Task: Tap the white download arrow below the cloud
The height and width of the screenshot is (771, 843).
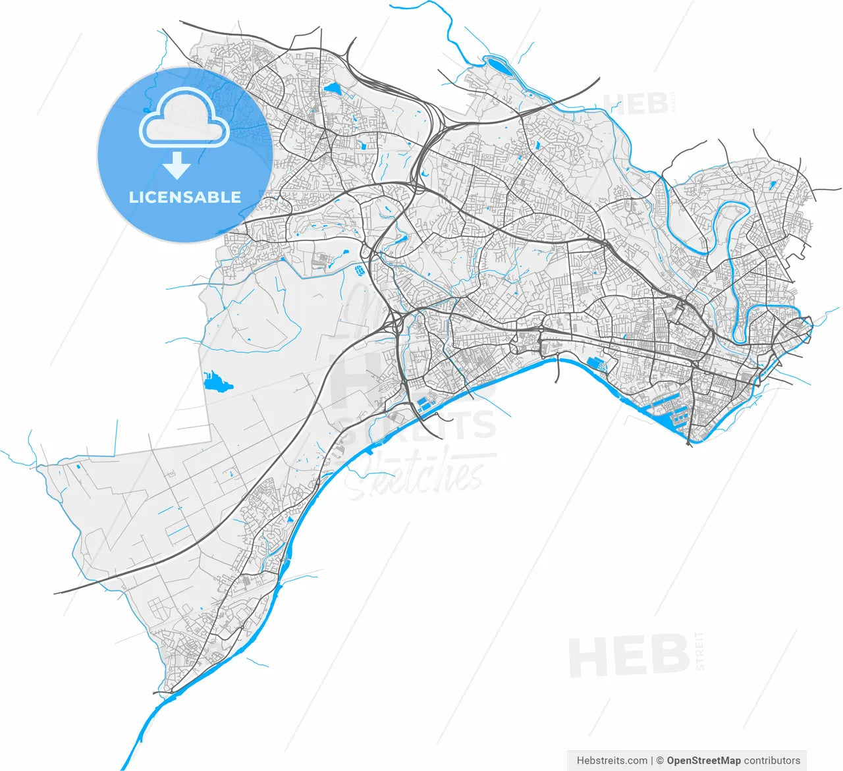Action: [x=177, y=165]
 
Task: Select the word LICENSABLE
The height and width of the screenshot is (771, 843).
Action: [x=185, y=197]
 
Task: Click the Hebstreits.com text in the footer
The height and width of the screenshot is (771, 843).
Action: [x=612, y=760]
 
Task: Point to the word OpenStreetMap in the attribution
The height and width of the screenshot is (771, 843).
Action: [x=703, y=760]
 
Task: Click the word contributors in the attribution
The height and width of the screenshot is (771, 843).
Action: [x=772, y=760]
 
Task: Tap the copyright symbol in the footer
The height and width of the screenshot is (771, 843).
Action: [x=659, y=760]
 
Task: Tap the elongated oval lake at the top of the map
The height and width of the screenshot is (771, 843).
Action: [x=497, y=65]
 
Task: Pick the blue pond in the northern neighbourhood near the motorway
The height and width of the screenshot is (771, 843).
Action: [x=331, y=87]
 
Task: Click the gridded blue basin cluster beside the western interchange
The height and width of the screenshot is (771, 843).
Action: [x=360, y=269]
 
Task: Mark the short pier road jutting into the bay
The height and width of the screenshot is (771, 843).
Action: [x=558, y=369]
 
